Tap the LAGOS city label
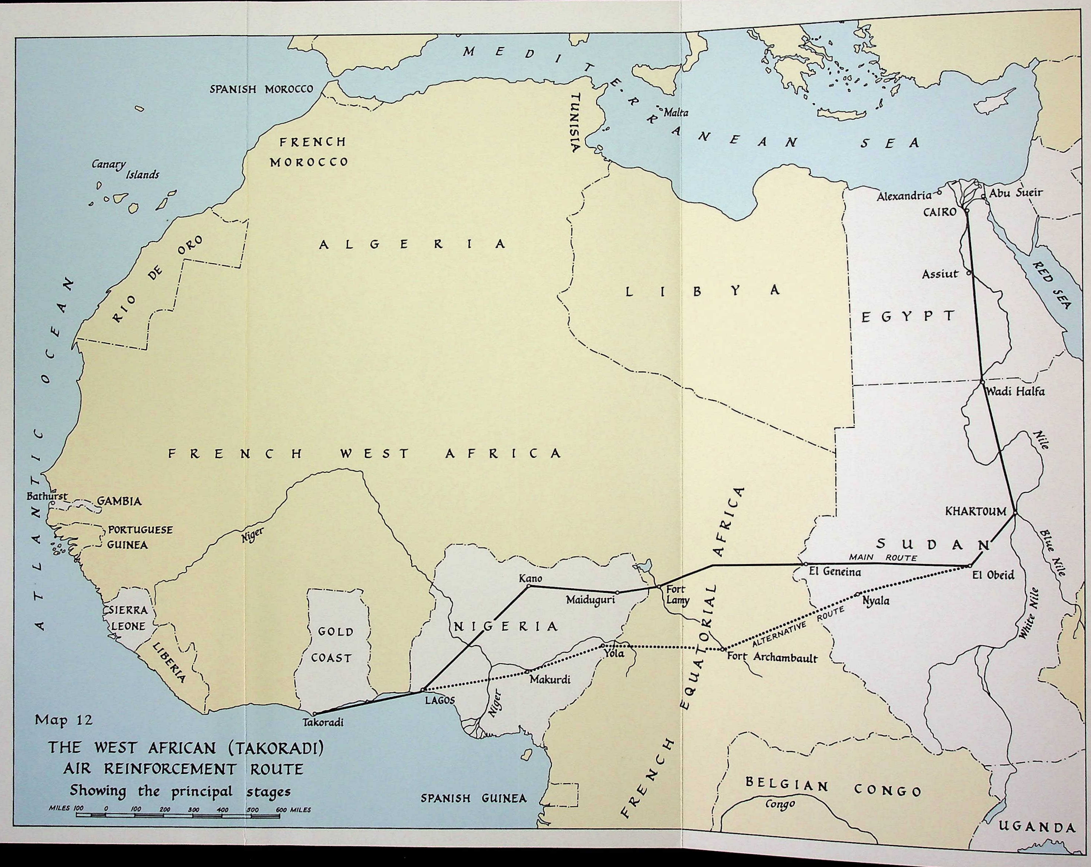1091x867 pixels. pyautogui.click(x=440, y=701)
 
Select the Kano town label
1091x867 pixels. pyautogui.click(x=530, y=578)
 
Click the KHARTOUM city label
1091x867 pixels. pyautogui.click(x=976, y=512)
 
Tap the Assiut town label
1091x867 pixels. pyautogui.click(x=940, y=274)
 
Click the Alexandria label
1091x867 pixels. pyautogui.click(x=904, y=196)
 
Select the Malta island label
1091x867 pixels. pyautogui.click(x=676, y=113)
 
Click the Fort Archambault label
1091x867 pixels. pyautogui.click(x=772, y=658)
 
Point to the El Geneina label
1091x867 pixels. pyautogui.click(x=834, y=573)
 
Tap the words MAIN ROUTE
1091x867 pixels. pyautogui.click(x=883, y=558)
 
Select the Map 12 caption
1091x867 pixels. pyautogui.click(x=64, y=720)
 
